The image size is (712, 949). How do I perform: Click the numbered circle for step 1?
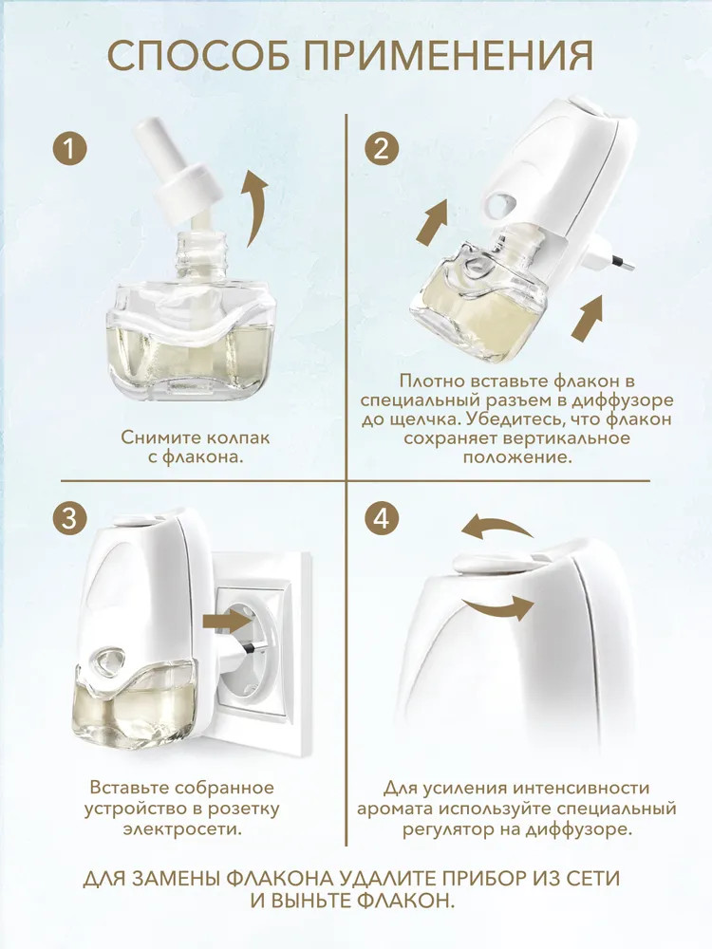tap(70, 148)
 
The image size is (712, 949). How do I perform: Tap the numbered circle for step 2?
tap(382, 148)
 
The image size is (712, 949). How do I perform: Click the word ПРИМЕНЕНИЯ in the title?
tap(449, 57)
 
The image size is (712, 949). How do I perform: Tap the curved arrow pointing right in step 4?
tap(498, 607)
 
